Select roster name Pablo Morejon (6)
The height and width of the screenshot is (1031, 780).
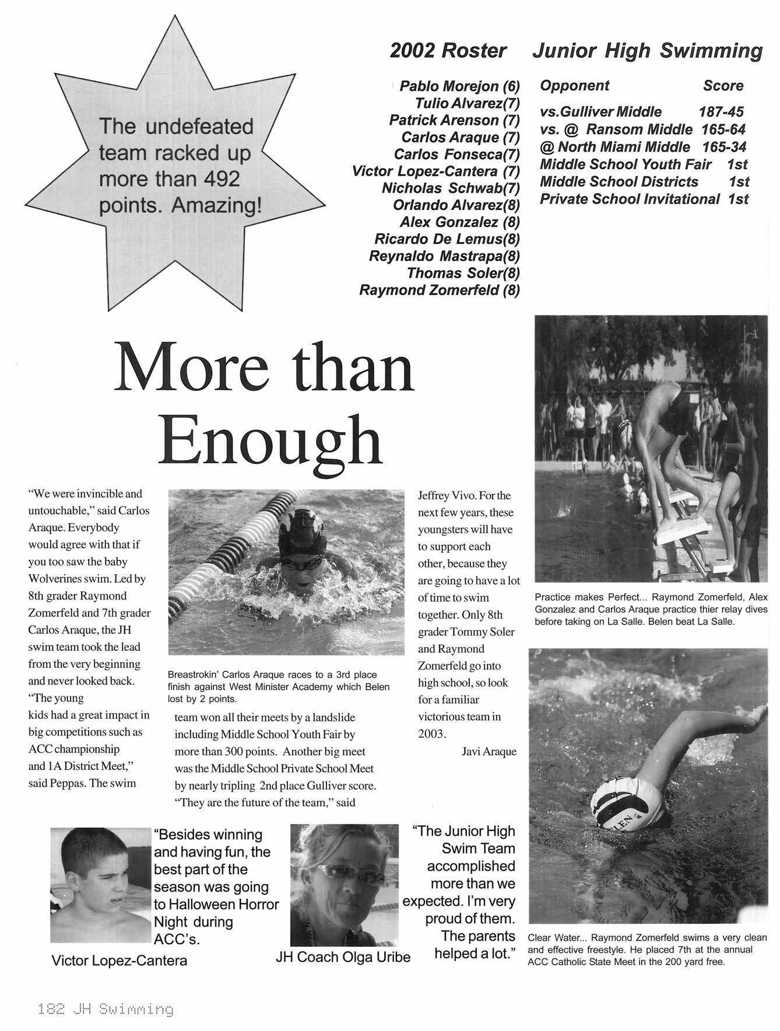pos(459,86)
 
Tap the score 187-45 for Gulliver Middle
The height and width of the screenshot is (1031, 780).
pos(721,111)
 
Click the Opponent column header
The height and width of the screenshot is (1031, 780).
pos(574,86)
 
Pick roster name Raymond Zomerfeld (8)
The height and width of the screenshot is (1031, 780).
pos(439,290)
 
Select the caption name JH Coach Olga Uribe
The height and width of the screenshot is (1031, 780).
pos(343,957)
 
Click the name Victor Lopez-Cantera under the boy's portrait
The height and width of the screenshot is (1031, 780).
pos(120,960)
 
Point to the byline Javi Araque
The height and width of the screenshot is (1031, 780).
pos(489,751)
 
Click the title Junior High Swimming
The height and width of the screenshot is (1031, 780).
pos(647,51)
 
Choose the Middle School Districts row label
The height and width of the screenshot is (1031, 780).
pos(619,181)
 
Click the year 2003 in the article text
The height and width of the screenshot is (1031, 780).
pos(432,734)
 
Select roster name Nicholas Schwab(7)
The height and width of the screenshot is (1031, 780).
pos(450,188)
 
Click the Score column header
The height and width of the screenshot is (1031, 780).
pos(723,86)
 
